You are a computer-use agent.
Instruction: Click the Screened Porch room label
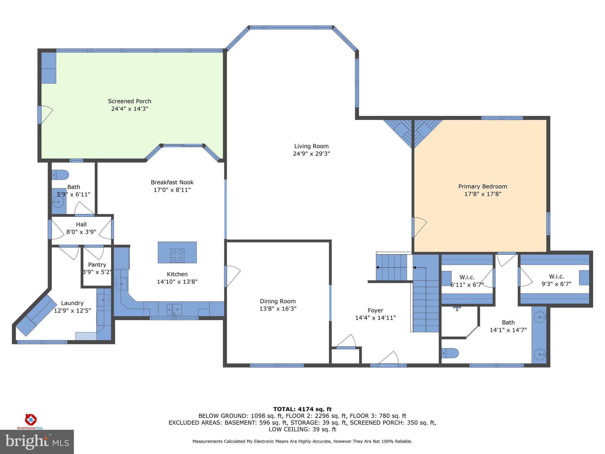(129, 101)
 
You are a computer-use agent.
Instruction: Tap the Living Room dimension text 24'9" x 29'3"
(311, 154)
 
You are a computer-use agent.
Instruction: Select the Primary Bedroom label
(482, 187)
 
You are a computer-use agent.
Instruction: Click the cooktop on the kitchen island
(177, 256)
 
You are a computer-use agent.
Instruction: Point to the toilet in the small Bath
(61, 175)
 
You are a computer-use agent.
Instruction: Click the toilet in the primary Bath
(450, 353)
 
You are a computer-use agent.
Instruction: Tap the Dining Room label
(277, 301)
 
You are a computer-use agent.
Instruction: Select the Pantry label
(97, 265)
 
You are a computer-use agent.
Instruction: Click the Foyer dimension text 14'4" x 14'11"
(375, 318)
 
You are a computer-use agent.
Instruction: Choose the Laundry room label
(72, 303)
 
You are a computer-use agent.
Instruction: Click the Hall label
(81, 224)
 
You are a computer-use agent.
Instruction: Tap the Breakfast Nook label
(172, 182)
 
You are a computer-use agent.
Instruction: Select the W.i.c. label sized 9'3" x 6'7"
(556, 276)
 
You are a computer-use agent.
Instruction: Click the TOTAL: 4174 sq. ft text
(302, 409)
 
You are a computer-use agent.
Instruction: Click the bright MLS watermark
(37, 442)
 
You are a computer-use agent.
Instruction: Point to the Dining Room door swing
(232, 276)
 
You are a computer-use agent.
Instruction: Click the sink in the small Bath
(58, 202)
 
